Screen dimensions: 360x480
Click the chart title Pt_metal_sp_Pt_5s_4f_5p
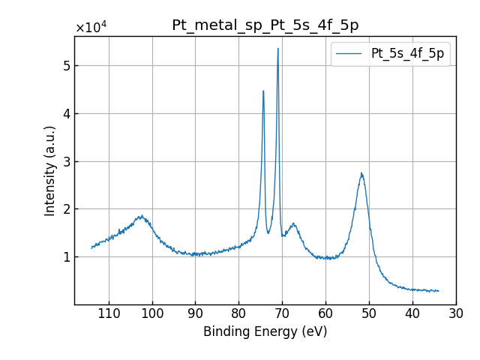coord(265,25)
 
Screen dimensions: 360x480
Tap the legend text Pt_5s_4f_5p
coord(407,54)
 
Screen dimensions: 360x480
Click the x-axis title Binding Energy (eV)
coord(265,331)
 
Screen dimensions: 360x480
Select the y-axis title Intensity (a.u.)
coord(50,170)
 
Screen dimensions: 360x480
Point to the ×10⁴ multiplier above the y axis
coord(91,28)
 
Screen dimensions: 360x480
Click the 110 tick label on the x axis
coord(109,313)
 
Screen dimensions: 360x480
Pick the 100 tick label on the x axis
coord(152,313)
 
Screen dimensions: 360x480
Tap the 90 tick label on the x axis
coord(196,313)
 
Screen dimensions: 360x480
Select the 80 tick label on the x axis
coord(239,313)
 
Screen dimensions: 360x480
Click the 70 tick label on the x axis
coord(283,313)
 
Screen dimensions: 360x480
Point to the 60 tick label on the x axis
coord(325,313)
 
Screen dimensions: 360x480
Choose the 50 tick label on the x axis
coord(369,313)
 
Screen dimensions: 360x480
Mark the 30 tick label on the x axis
coord(456,313)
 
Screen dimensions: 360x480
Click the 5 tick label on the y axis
coord(66,66)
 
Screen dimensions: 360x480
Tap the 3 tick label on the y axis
coord(66,161)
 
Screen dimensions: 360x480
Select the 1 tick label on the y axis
coord(66,256)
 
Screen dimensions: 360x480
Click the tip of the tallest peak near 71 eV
coord(278,49)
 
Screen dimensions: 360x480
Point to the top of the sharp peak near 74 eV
coord(263,91)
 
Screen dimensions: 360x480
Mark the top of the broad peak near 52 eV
coord(361,173)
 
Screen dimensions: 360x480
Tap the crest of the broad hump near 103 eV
coord(140,216)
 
